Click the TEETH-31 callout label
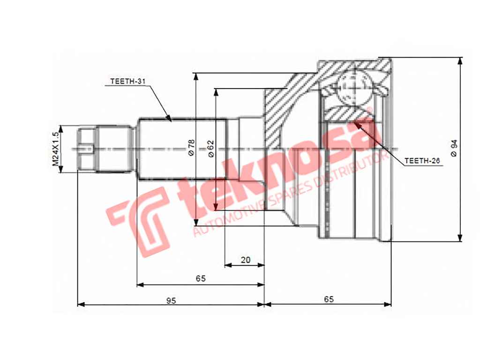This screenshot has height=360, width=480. [x=128, y=81]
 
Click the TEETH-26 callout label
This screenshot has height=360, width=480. [x=421, y=161]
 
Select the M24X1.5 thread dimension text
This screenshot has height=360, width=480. [x=56, y=149]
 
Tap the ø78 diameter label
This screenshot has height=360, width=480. [x=191, y=148]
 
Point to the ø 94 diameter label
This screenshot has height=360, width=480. [x=454, y=148]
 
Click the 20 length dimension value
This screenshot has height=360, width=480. [x=245, y=259]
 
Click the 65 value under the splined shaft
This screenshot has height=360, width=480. [x=201, y=279]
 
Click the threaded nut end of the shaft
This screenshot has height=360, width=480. [x=87, y=149]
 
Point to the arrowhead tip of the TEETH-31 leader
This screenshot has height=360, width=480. [x=170, y=120]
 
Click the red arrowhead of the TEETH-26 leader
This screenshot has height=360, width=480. [x=359, y=124]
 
